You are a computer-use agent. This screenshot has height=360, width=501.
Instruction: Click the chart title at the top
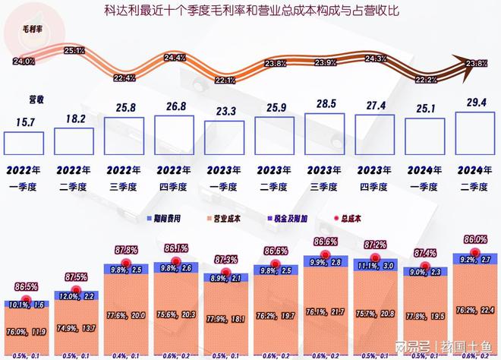[250, 11]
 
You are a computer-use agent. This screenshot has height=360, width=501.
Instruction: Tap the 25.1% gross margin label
[74, 51]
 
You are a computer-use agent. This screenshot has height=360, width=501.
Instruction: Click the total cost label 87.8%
[125, 250]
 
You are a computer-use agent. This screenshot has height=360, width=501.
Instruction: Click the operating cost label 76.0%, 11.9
[26, 331]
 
